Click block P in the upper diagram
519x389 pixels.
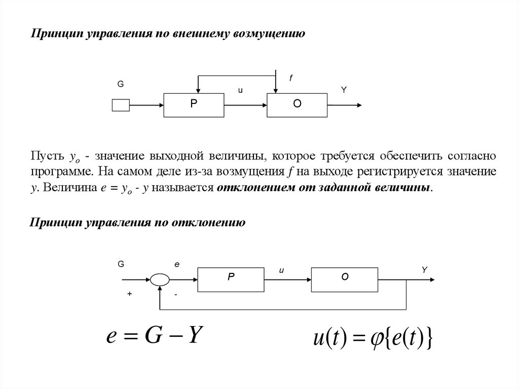click(x=194, y=105)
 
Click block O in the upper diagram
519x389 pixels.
click(x=297, y=105)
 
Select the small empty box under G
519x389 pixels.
click(x=121, y=105)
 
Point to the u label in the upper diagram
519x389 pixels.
click(x=240, y=90)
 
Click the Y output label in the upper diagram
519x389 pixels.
click(x=344, y=90)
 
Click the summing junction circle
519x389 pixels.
click(x=160, y=278)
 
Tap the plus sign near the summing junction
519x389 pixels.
click(x=130, y=294)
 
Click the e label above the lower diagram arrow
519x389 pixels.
click(x=177, y=264)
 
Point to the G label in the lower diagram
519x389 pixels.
click(x=121, y=264)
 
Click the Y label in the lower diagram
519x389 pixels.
click(x=425, y=270)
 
